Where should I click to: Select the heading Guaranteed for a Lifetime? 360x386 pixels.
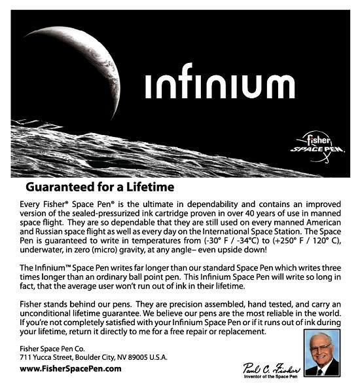tap(100, 187)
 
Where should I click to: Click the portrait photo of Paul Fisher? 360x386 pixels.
tap(322, 353)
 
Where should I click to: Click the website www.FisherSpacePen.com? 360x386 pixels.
tap(71, 368)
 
